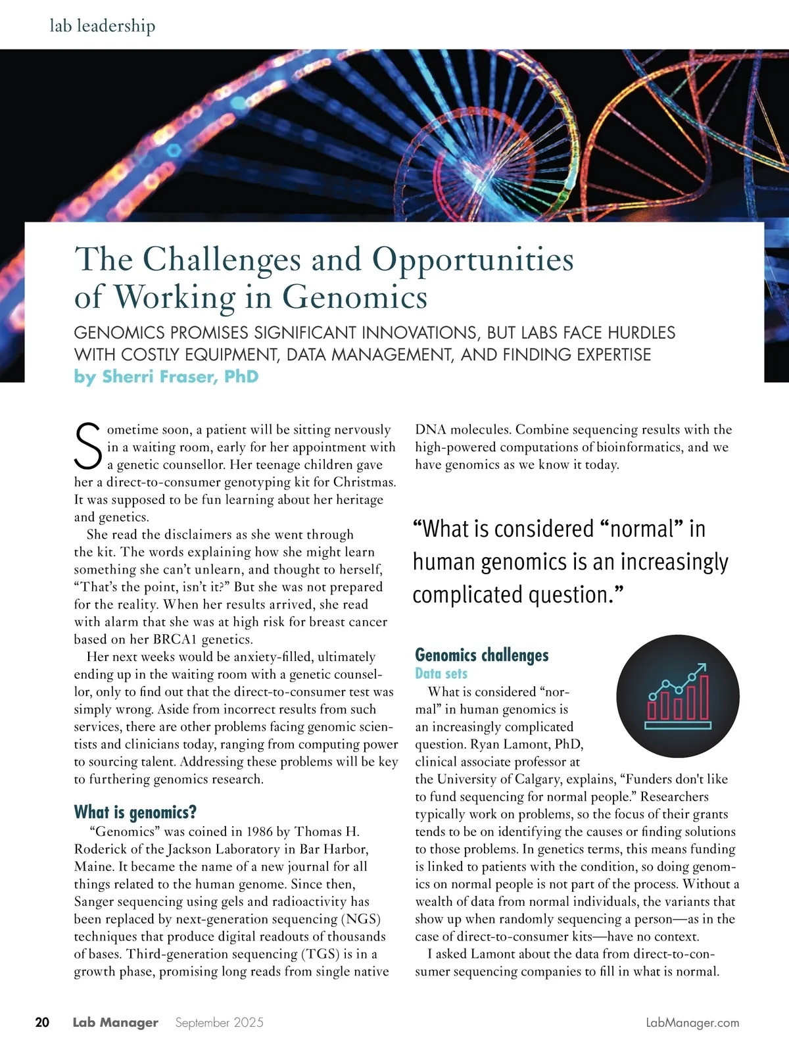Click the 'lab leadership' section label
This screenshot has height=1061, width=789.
click(103, 26)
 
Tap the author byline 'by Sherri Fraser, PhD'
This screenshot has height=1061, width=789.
click(166, 377)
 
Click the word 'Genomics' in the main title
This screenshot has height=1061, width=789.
click(355, 297)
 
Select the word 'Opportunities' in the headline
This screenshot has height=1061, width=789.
click(473, 259)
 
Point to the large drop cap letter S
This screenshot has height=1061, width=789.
click(88, 445)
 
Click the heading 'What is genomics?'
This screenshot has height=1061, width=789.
click(135, 812)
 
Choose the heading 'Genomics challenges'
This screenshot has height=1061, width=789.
click(481, 655)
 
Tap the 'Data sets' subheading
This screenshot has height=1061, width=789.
click(441, 674)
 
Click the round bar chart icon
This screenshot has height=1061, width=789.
click(678, 696)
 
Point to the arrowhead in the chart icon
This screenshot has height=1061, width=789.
click(702, 668)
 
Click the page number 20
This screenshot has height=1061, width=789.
click(42, 1022)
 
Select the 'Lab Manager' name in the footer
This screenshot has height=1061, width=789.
click(115, 1022)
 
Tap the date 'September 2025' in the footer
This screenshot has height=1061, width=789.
click(219, 1022)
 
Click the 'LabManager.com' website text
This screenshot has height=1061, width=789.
click(692, 1023)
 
